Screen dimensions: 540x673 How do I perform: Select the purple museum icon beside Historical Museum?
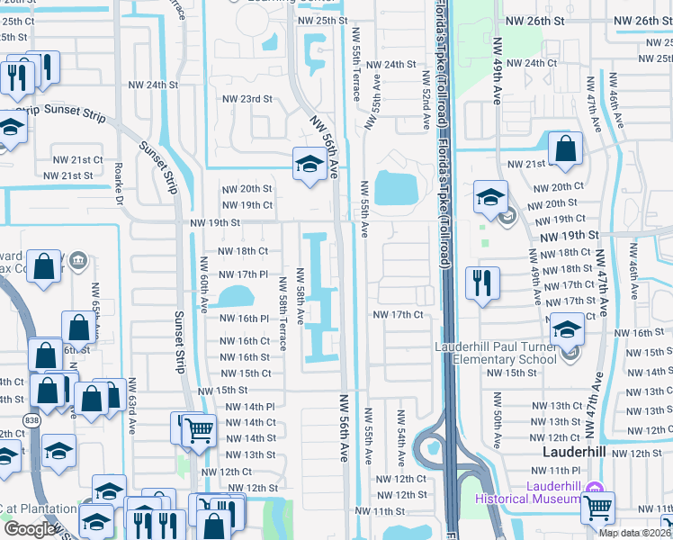(x=593, y=490)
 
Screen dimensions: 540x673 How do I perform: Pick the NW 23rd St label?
(x=247, y=99)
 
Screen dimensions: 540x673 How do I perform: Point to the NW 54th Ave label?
(x=400, y=433)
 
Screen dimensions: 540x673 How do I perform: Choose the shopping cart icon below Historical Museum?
(x=597, y=508)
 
